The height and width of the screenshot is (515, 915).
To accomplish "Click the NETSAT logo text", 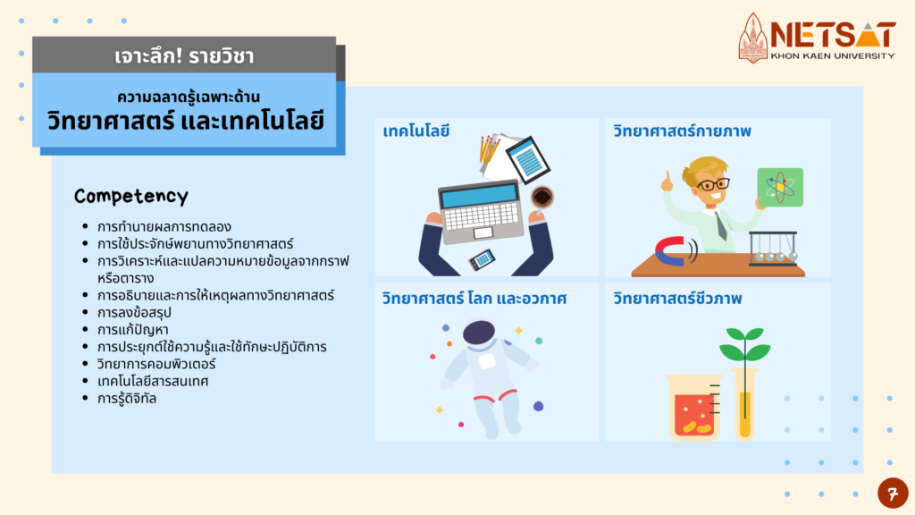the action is point(833,35).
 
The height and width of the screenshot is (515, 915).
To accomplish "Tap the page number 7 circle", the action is point(893,494).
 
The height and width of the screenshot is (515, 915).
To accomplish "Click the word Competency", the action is point(131,196).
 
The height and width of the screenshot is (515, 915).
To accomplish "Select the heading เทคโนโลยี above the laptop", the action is point(416,131).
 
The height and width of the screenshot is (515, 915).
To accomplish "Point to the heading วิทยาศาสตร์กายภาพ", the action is point(682,131).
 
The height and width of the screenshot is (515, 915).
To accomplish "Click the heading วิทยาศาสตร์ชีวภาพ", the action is point(677,299).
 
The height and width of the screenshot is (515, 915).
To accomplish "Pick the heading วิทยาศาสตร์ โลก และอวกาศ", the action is point(474,299).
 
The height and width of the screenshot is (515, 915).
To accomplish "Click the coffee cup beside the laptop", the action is point(542,197).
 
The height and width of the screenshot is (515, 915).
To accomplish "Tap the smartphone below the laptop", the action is point(482,259).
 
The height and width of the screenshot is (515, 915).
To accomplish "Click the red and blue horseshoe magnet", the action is point(671,251).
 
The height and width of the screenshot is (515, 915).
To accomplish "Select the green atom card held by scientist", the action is point(780,188).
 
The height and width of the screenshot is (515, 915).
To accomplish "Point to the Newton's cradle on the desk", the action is point(773,249).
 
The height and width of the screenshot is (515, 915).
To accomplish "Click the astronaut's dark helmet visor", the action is point(479,333).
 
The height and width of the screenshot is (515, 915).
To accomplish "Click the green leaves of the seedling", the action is point(744,344).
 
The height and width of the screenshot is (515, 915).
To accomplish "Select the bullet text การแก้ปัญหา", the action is point(132,330).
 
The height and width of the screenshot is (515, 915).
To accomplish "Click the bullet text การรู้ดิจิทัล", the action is point(127,399).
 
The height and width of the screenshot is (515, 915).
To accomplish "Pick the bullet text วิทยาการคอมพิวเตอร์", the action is point(156,365).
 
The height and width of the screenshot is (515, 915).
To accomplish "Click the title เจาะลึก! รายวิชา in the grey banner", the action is point(184,56).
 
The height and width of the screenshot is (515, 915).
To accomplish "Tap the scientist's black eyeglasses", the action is point(712,185).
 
